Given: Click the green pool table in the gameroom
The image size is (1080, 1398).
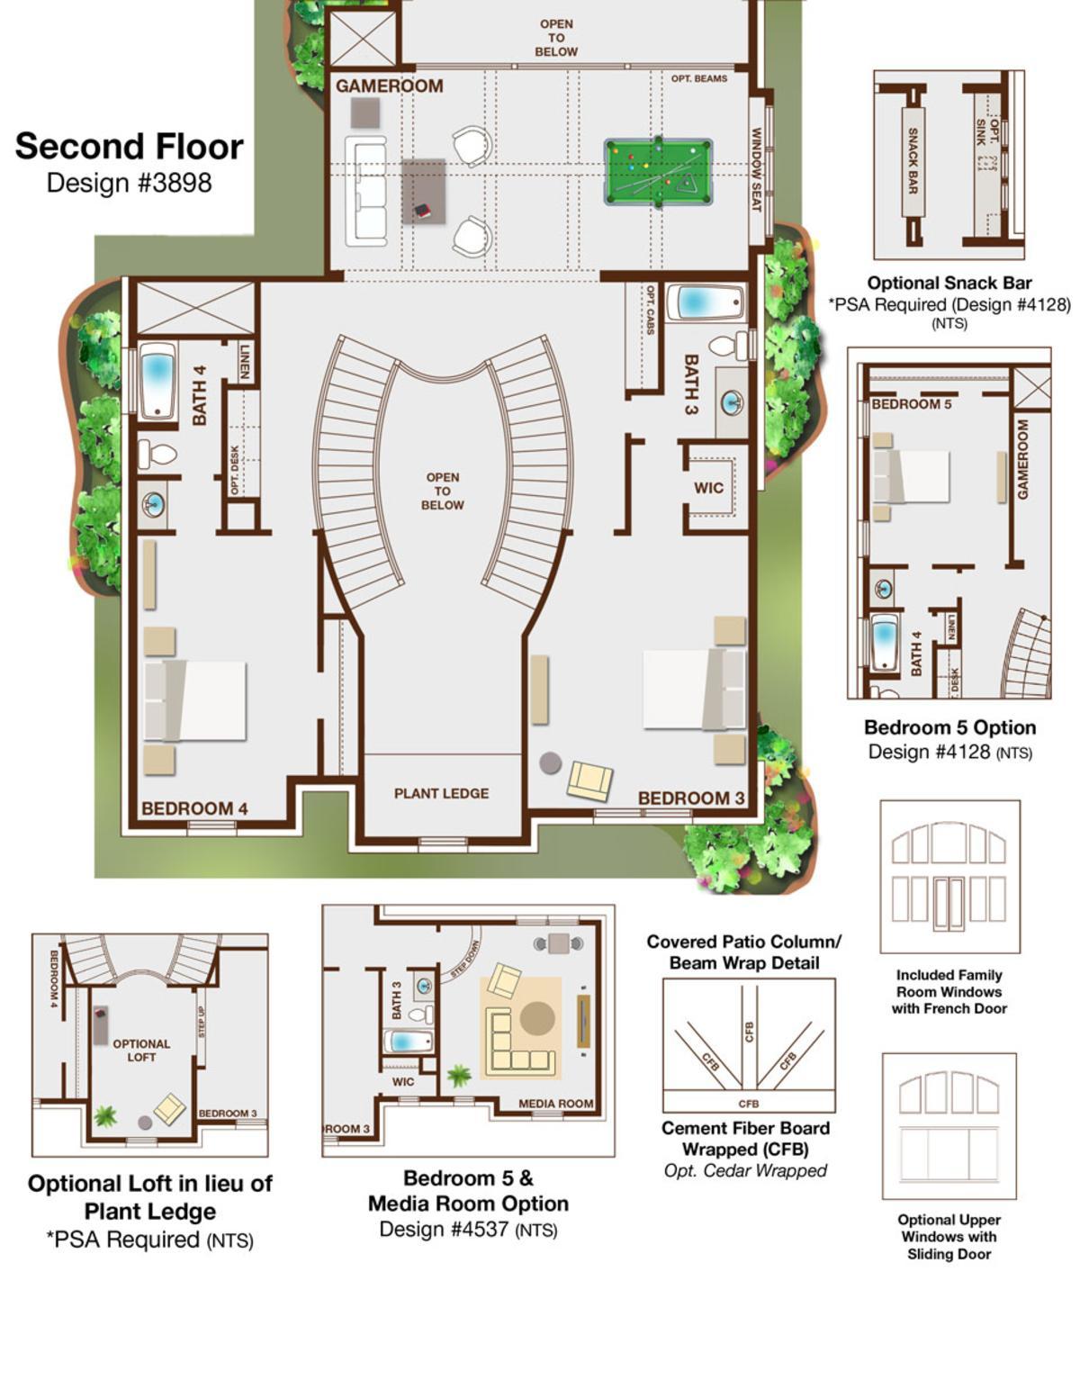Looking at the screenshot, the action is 658,172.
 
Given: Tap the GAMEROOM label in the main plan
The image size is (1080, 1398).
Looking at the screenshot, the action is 389,86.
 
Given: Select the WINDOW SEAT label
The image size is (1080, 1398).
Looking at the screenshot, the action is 757,170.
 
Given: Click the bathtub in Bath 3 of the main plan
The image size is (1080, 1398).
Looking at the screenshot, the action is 706,302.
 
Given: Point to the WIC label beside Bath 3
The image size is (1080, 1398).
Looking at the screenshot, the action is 708,488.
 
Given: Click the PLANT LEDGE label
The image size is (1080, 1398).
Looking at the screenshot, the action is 441,793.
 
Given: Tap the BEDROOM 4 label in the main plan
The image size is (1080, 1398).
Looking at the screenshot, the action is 194,808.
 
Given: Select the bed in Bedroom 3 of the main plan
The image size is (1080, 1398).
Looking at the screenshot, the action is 694,689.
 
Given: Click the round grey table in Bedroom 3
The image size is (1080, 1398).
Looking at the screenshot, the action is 550,763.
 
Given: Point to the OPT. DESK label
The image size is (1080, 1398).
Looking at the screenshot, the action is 235,470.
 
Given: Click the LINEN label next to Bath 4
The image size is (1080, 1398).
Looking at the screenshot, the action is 245,362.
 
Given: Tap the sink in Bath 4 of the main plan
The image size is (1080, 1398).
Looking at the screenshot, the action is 153,504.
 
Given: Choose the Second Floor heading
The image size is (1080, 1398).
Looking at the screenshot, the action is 130,146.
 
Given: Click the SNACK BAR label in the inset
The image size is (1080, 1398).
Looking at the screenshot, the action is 913,161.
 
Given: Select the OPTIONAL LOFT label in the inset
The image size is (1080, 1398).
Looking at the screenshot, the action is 141,1050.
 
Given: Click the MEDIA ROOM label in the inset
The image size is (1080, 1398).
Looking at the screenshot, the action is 556,1104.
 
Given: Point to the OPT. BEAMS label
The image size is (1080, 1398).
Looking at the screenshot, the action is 699,78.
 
